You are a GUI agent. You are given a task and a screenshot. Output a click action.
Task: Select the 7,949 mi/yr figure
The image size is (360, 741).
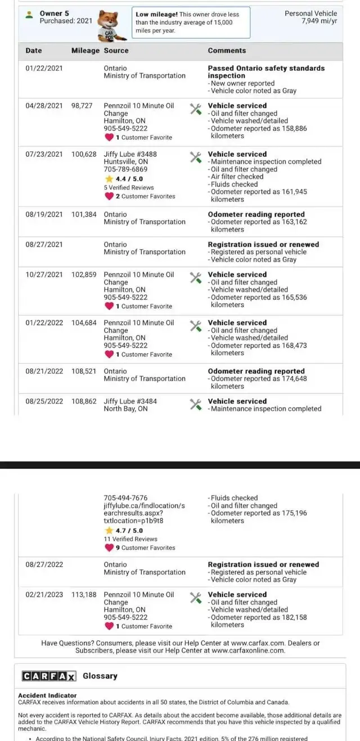pos(319,21)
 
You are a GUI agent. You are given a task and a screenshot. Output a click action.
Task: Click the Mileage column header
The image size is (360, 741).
pos(85,51)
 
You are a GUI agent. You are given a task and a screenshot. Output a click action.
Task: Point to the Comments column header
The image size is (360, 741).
pos(227,51)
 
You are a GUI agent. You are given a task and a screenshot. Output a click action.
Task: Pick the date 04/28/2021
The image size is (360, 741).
pos(44,106)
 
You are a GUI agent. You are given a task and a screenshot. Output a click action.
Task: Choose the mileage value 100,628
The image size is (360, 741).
pos(84,154)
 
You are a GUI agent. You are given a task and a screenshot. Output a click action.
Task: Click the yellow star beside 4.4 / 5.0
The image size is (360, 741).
pos(109,179)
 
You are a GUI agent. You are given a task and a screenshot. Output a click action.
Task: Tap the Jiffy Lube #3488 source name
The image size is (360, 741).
pos(130,154)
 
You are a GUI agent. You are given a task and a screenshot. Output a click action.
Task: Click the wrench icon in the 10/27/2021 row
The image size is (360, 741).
pos(195,277)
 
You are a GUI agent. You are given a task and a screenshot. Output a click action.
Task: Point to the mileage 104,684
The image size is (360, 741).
pos(84,323)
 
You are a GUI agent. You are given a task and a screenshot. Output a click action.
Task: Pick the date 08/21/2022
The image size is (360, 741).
pos(44,371)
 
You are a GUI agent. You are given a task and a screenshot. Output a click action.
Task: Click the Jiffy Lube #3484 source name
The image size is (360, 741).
pos(130,401)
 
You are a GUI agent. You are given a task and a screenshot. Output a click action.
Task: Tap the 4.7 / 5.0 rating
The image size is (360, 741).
pos(129,530)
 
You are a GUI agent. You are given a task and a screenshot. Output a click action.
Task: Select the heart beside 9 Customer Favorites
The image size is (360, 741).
pos(109,548)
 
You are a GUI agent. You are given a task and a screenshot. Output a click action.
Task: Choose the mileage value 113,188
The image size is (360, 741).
pos(84,594)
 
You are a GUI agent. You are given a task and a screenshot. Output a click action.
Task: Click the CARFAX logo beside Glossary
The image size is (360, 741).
pos(49,676)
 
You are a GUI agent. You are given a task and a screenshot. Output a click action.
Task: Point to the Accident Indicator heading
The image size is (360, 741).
pos(47,695)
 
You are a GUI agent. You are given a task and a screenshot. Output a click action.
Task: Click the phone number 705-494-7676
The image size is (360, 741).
pos(125,498)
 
